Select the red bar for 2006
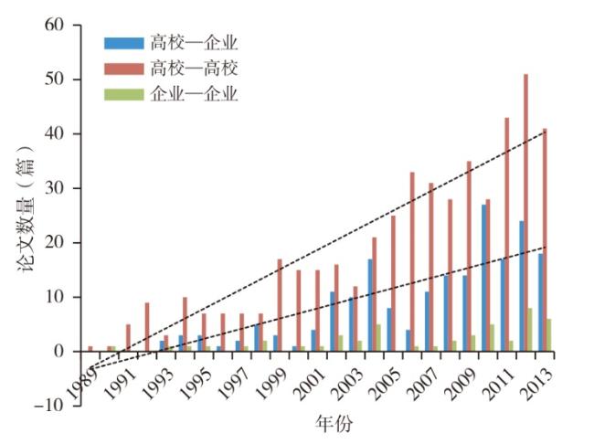point(412,261)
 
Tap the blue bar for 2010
point(483,278)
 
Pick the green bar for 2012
point(531,330)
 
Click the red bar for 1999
point(280,305)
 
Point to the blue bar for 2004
point(369,305)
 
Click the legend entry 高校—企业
point(193,42)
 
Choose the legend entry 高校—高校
point(193,68)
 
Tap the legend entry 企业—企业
point(193,93)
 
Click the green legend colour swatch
point(124,93)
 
